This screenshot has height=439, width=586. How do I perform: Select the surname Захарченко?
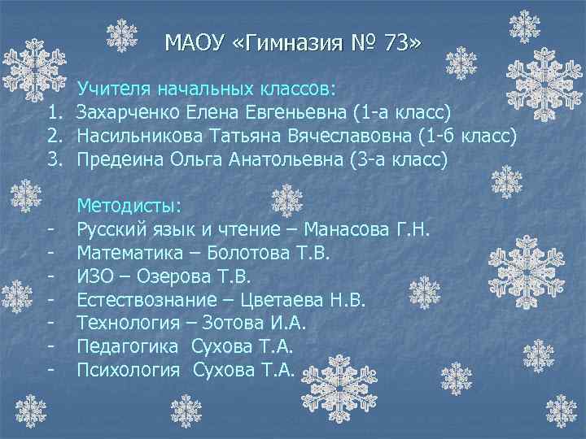[130, 111]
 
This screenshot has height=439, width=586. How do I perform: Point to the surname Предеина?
[120, 159]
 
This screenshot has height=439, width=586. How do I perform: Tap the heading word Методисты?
[129, 203]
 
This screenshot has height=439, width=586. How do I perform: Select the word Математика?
[129, 253]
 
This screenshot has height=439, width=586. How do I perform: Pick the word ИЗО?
[94, 276]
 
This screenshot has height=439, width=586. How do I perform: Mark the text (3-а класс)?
[387, 159]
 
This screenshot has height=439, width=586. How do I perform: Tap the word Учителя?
[112, 87]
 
